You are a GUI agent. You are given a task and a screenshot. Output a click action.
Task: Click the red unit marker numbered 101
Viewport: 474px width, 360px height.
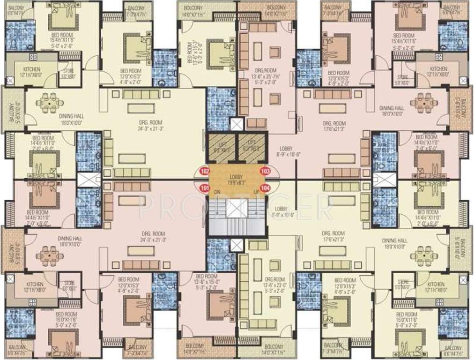point(204,188)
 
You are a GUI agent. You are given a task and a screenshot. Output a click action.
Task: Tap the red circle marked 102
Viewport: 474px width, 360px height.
point(204,171)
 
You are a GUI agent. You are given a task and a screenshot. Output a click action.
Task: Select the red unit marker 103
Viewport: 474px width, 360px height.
point(265,171)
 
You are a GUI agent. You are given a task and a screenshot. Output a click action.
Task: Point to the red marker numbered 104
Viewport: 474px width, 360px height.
point(265,188)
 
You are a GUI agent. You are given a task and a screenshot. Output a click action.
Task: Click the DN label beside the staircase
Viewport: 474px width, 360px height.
point(217,192)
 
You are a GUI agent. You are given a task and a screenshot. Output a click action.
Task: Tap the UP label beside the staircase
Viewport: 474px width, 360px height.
point(256,192)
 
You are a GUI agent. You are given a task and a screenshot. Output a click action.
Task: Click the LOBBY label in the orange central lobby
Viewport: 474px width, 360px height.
point(236,177)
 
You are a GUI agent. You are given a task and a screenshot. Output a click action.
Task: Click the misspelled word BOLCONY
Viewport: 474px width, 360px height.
point(193,8)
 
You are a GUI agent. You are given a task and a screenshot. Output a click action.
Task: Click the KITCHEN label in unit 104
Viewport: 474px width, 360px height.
point(436,285)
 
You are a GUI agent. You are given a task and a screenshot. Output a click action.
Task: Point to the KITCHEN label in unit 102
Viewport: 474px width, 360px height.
point(31,69)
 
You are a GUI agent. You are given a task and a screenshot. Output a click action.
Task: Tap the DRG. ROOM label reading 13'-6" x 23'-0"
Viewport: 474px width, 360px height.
point(274,280)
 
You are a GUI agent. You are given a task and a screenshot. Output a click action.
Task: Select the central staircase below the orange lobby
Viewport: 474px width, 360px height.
point(235,216)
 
